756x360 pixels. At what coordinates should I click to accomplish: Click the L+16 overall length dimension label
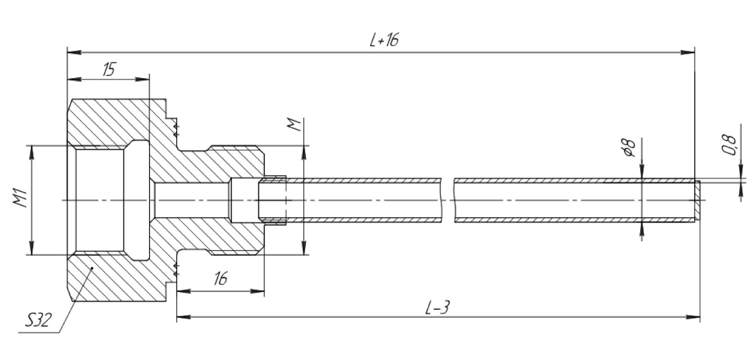tap(385, 40)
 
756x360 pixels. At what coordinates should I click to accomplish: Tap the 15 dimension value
tap(109, 69)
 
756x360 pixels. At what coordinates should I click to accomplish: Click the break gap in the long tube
tap(448, 200)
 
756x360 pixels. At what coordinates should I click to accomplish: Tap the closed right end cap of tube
tap(697, 200)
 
